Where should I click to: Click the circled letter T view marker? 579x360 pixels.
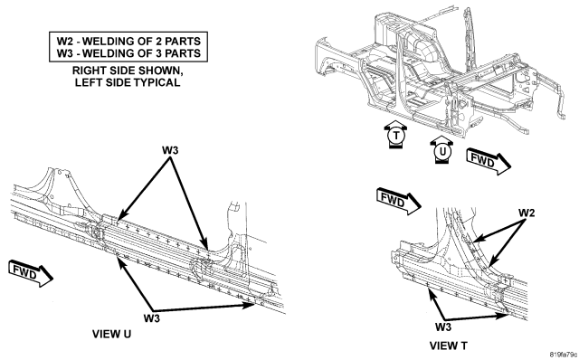tap(396, 136)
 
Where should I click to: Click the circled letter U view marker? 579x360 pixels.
tap(442, 151)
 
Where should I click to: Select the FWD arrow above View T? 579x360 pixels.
tap(399, 201)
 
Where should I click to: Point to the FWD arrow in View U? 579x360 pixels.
tap(31, 273)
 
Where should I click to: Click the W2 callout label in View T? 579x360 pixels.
tap(527, 213)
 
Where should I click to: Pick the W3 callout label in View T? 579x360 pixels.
tap(443, 327)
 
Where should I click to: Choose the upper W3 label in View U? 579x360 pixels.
tap(170, 150)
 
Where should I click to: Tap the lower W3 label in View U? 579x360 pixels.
tap(152, 317)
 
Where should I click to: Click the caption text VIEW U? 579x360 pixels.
tap(111, 334)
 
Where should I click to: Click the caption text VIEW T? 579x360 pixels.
tap(449, 346)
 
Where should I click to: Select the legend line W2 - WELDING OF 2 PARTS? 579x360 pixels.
tap(128, 41)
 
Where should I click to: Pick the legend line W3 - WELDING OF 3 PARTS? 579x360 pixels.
tap(128, 53)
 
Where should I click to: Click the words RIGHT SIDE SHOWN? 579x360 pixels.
tap(128, 71)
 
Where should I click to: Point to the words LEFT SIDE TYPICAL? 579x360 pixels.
tap(128, 82)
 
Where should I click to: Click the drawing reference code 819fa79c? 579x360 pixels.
tap(563, 355)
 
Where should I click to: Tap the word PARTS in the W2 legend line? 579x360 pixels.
tap(183, 41)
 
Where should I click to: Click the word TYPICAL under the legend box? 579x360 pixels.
tap(157, 82)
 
